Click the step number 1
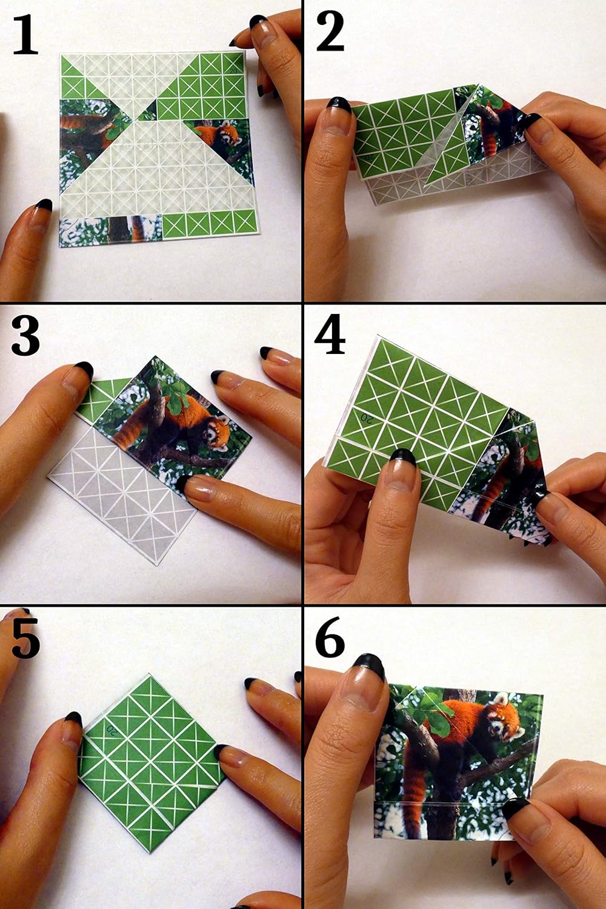click(25, 35)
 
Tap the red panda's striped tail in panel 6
click(413, 800)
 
